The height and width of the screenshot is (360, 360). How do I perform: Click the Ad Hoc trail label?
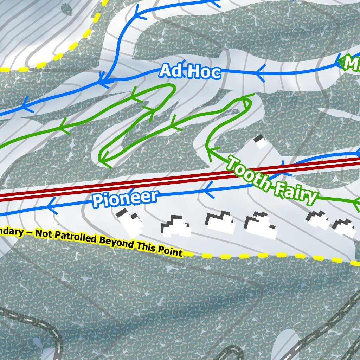[190, 72]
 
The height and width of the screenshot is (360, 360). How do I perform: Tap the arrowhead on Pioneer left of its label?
[51, 205]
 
